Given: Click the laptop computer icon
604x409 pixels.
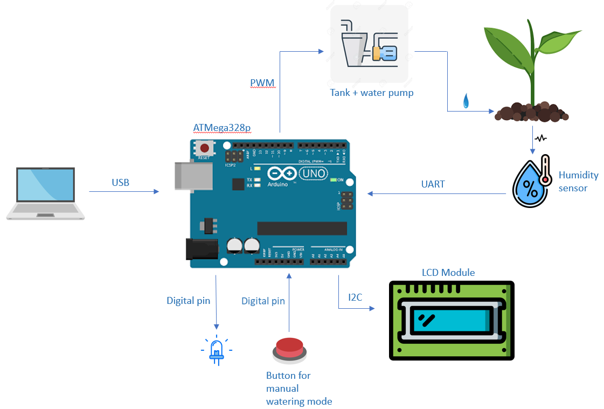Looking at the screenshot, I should pyautogui.click(x=45, y=193).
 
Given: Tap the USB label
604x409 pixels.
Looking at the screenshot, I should pyautogui.click(x=120, y=183).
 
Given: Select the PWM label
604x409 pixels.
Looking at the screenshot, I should pyautogui.click(x=262, y=82).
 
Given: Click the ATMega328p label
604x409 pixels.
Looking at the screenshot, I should pyautogui.click(x=221, y=128).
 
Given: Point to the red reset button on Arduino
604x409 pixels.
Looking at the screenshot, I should pyautogui.click(x=205, y=148).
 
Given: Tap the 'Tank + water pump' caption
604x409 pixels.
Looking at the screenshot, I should pyautogui.click(x=372, y=93).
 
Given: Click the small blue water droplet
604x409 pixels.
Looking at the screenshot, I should pyautogui.click(x=466, y=101).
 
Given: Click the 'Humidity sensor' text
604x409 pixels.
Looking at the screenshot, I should pyautogui.click(x=578, y=182).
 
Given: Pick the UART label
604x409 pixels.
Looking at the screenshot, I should pyautogui.click(x=433, y=184).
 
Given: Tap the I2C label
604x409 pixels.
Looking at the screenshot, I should pyautogui.click(x=356, y=297).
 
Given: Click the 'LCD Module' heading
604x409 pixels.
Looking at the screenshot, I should pyautogui.click(x=448, y=273).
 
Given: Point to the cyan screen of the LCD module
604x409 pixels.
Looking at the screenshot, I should pyautogui.click(x=452, y=321).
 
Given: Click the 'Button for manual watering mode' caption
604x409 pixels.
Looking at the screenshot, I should pyautogui.click(x=298, y=388).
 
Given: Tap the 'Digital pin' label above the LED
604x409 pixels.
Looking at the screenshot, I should pyautogui.click(x=188, y=301).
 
